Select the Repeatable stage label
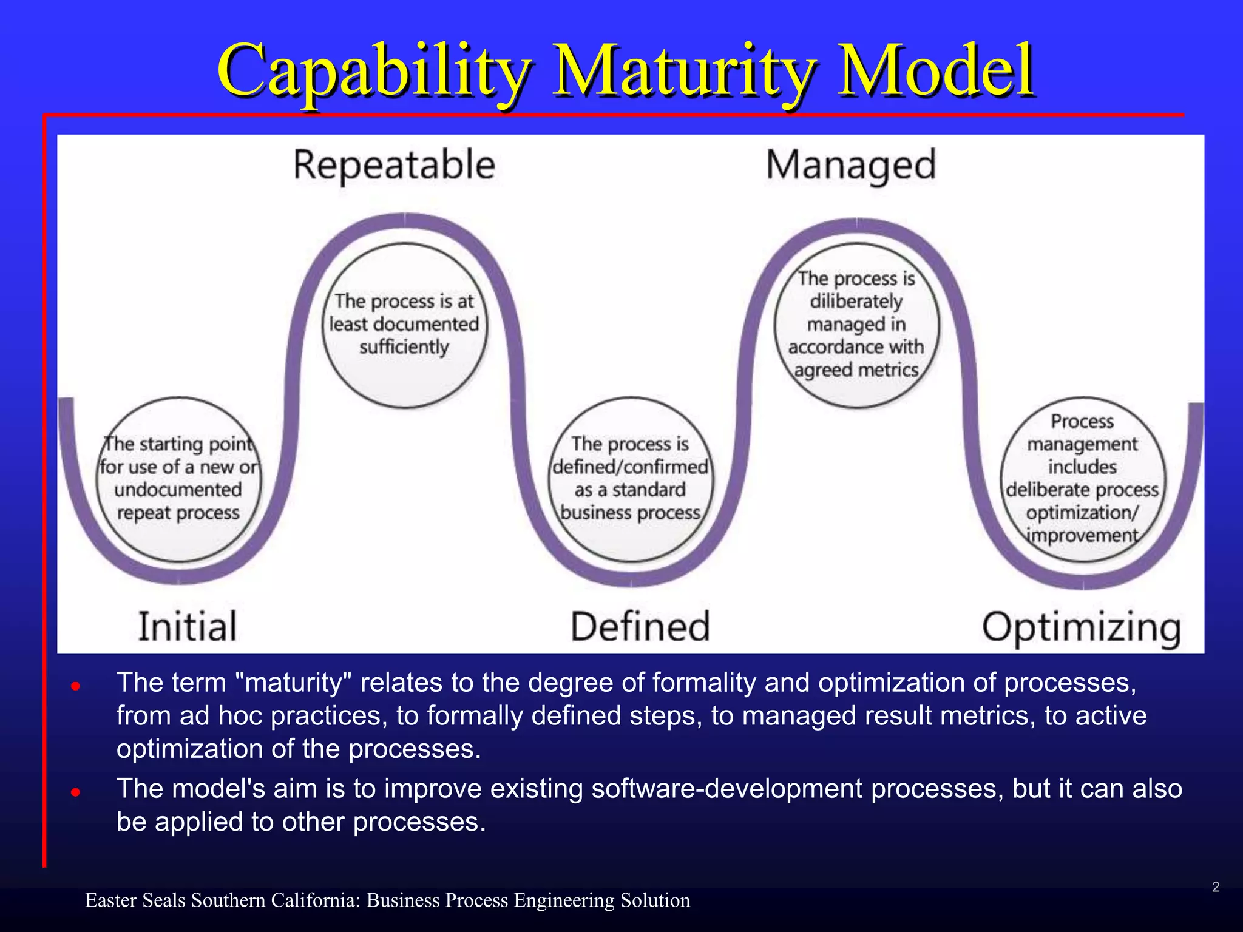(x=395, y=165)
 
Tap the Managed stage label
(x=851, y=165)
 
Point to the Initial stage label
(x=188, y=627)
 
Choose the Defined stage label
(x=640, y=627)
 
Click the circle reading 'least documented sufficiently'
(x=404, y=325)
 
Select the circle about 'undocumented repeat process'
(x=178, y=479)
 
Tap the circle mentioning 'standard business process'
(x=631, y=479)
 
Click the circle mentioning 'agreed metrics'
(x=856, y=325)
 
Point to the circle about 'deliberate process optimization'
(x=1083, y=479)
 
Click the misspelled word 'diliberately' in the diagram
(x=856, y=302)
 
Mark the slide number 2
(x=1216, y=887)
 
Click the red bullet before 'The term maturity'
(x=75, y=686)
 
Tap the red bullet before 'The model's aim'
(x=75, y=792)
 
